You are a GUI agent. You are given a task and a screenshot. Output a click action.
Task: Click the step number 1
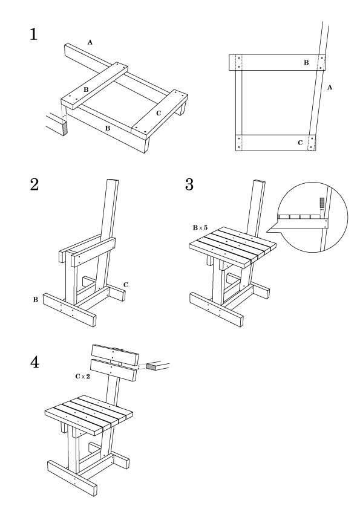(x=33, y=34)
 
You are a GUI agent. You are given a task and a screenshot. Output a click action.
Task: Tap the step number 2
(x=34, y=184)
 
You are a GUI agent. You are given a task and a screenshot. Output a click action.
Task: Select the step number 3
(x=189, y=184)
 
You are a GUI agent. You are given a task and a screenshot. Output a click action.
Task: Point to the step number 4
(x=34, y=362)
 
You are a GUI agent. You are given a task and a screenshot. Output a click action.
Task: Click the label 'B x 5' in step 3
(x=200, y=228)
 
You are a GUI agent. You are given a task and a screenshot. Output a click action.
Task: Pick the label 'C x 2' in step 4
(x=82, y=377)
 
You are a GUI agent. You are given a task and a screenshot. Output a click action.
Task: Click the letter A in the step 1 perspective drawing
(x=90, y=42)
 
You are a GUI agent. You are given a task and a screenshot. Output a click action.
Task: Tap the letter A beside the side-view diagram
(x=330, y=87)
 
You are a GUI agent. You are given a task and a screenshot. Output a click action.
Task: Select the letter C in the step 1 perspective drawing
(x=159, y=114)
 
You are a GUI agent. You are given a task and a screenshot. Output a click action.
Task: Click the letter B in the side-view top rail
(x=306, y=63)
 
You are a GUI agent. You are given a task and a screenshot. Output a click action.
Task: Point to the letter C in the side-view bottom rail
(x=300, y=143)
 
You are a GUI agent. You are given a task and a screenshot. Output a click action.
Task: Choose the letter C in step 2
(x=126, y=285)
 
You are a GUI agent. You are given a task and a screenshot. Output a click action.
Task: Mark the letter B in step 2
(x=36, y=300)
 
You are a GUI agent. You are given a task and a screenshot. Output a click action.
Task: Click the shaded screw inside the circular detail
(x=322, y=203)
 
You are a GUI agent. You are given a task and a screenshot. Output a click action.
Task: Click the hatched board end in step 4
(x=151, y=366)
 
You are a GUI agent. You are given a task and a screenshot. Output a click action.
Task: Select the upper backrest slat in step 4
(x=115, y=354)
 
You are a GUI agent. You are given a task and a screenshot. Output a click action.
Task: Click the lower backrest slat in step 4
(x=113, y=371)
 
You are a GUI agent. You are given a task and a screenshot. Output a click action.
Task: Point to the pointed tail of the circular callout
(x=267, y=232)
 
